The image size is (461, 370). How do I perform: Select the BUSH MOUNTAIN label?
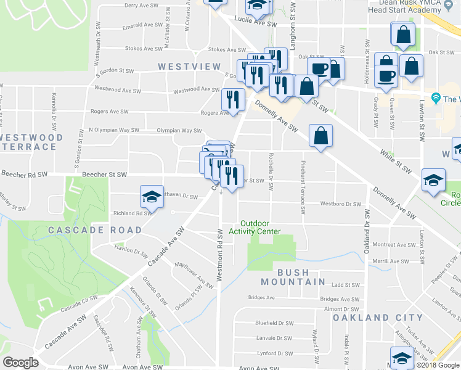click(x=292, y=277)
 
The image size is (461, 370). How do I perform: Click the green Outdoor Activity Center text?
click(x=255, y=228)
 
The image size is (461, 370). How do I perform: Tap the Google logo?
click(x=20, y=363)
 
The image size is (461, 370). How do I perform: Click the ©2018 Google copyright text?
click(x=435, y=365)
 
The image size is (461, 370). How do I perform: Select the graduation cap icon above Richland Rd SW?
click(x=152, y=196)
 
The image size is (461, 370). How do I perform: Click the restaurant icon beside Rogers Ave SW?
click(x=233, y=99)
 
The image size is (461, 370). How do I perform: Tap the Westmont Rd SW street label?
click(x=219, y=253)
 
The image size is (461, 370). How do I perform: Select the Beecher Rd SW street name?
click(x=25, y=175)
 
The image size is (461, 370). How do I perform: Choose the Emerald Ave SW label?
click(x=142, y=27)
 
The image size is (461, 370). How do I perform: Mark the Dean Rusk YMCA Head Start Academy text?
click(x=403, y=6)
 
